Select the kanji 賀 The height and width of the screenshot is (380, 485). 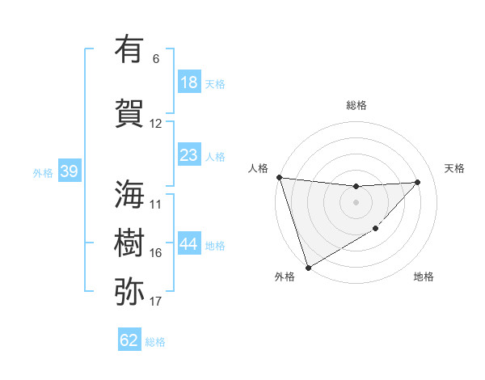129,113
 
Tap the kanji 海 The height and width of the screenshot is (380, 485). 129,194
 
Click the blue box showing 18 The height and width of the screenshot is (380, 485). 188,82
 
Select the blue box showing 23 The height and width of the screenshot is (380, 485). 188,155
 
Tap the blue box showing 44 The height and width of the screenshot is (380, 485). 188,244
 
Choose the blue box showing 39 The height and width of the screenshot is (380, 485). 69,171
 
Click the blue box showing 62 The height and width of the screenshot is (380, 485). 129,340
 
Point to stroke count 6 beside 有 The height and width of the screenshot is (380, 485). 156,59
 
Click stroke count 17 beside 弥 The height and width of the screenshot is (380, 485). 156,302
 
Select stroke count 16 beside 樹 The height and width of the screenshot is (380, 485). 156,253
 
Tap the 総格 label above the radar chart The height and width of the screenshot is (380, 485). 356,105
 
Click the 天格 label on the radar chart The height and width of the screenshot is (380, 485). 454,168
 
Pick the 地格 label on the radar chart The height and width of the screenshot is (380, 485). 424,277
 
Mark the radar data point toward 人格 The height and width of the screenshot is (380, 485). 279,177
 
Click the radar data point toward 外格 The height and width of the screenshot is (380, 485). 308,268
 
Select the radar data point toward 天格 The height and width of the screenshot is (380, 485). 417,182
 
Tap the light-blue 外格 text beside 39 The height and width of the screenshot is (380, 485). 43,172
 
